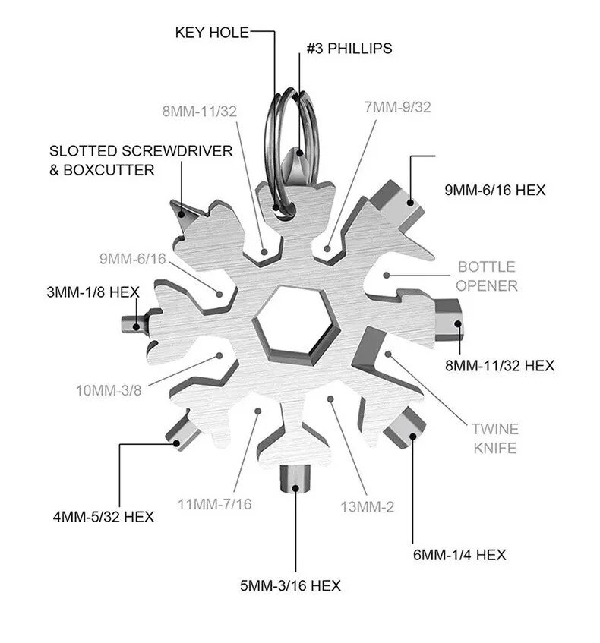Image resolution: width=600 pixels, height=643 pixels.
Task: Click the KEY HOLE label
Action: pyautogui.click(x=212, y=33)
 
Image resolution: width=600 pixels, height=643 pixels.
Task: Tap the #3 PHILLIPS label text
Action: pyautogui.click(x=349, y=48)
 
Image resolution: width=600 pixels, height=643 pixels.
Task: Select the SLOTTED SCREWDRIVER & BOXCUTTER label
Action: pyautogui.click(x=141, y=160)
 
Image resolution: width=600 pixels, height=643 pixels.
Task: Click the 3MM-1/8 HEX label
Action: pyautogui.click(x=93, y=292)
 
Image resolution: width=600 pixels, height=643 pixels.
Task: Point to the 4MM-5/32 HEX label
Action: pyautogui.click(x=103, y=516)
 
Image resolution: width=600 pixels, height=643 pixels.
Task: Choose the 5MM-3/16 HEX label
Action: pyautogui.click(x=290, y=585)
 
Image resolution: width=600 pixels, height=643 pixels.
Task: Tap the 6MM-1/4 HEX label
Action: pyautogui.click(x=459, y=555)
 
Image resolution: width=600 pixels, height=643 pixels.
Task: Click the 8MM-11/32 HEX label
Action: pyautogui.click(x=500, y=365)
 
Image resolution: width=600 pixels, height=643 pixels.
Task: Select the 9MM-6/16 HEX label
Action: pyautogui.click(x=495, y=190)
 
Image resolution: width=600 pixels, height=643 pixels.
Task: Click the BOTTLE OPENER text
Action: pyautogui.click(x=487, y=276)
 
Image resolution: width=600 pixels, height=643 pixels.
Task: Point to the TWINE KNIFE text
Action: pyautogui.click(x=495, y=438)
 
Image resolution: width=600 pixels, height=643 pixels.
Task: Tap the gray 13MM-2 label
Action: pyautogui.click(x=368, y=507)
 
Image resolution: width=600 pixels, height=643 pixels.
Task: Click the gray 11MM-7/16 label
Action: pyautogui.click(x=214, y=504)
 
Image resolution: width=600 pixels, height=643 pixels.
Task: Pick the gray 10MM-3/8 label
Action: pyautogui.click(x=109, y=390)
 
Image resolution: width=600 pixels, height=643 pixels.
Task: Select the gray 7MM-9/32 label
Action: pyautogui.click(x=398, y=107)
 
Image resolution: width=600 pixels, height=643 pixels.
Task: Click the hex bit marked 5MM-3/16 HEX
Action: pyautogui.click(x=295, y=479)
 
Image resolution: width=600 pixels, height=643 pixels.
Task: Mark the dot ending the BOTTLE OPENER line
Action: pyautogui.click(x=387, y=275)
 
